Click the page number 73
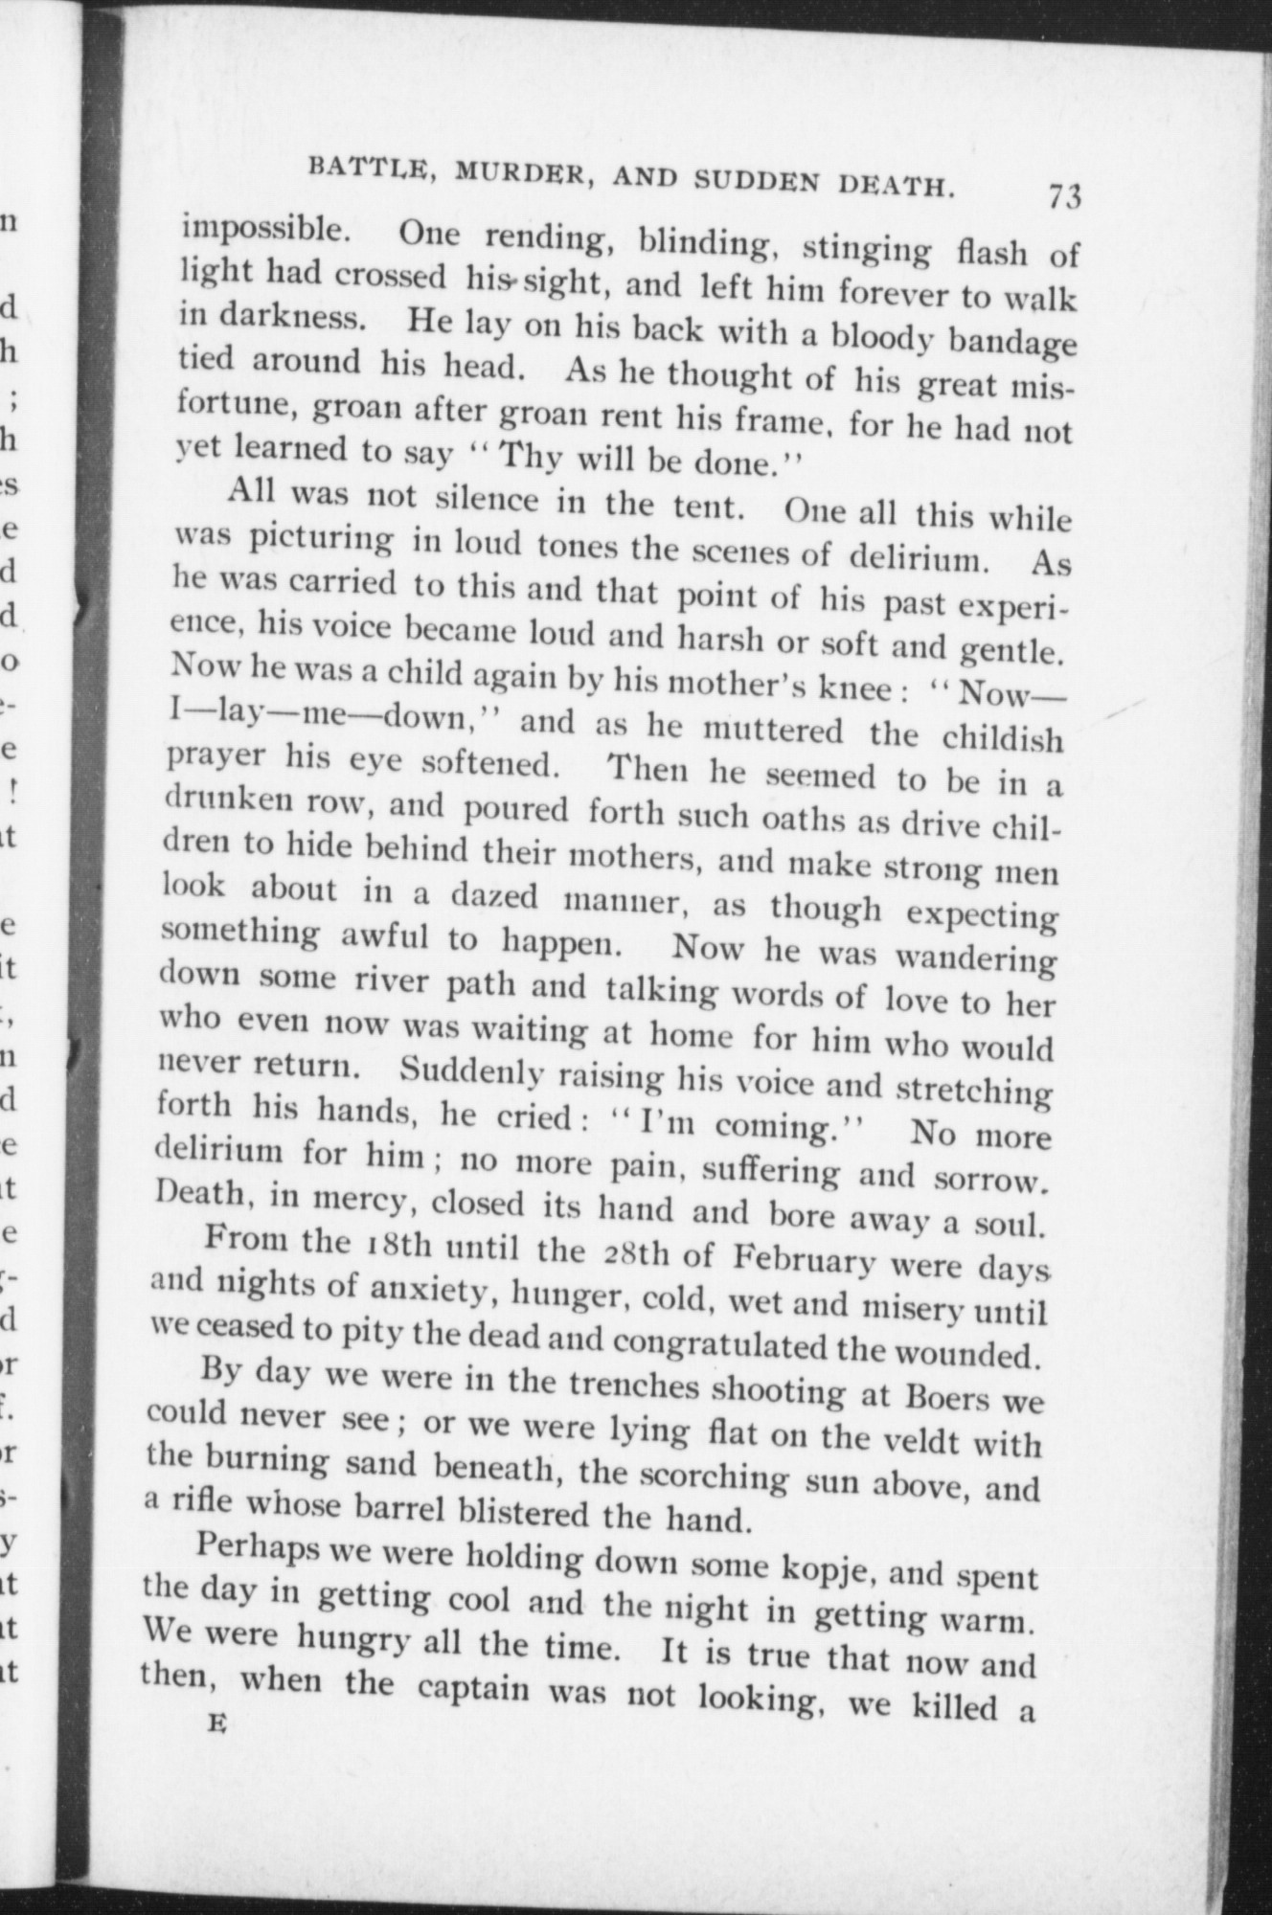point(1064,197)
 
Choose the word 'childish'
point(1002,739)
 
